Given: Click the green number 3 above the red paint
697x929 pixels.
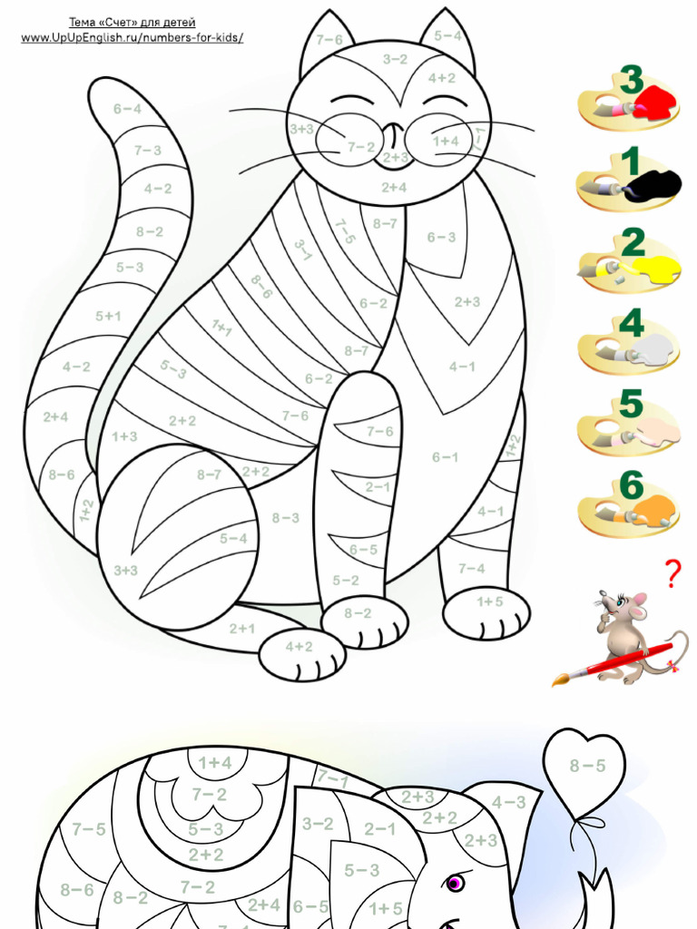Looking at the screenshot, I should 633,80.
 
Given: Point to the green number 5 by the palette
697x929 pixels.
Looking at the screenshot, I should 631,404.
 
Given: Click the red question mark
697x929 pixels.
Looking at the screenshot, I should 672,574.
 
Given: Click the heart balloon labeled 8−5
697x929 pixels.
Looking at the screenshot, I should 586,767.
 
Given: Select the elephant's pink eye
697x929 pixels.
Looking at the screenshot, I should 453,882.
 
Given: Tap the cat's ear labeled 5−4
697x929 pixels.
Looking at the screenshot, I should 447,36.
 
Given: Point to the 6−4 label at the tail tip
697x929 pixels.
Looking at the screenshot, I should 127,109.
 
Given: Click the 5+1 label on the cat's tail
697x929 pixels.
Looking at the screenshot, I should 108,317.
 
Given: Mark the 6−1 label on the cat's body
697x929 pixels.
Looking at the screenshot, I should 445,457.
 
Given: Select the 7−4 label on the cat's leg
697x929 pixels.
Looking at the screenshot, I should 471,569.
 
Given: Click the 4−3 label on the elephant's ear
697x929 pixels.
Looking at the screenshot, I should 508,802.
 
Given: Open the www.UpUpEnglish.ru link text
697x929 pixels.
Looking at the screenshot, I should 133,37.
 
